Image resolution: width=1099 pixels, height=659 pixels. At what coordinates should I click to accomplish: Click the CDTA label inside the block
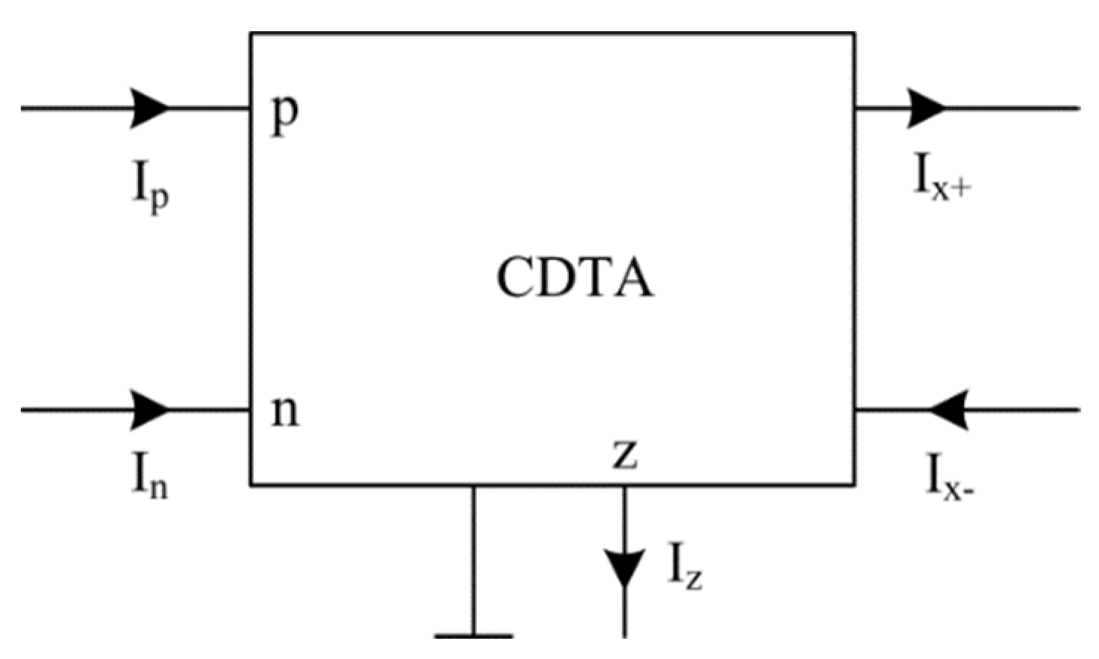(575, 278)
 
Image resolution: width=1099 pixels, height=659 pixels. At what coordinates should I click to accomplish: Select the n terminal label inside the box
(285, 413)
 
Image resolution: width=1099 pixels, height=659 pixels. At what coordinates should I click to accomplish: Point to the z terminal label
(624, 455)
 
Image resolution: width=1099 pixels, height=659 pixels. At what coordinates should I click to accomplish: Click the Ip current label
(151, 188)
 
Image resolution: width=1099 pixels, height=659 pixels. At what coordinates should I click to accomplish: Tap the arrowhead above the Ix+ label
(925, 108)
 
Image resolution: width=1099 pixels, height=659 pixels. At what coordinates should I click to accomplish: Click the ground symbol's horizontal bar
(473, 636)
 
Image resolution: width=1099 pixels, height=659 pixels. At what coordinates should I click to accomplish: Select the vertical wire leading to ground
(473, 560)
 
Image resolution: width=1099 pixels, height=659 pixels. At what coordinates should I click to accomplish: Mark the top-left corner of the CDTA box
(251, 33)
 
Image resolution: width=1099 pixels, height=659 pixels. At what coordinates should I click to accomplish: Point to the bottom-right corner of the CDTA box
(854, 485)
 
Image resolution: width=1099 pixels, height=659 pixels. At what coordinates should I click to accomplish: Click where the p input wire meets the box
(251, 108)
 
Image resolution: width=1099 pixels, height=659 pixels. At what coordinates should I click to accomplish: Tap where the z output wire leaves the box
(624, 487)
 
